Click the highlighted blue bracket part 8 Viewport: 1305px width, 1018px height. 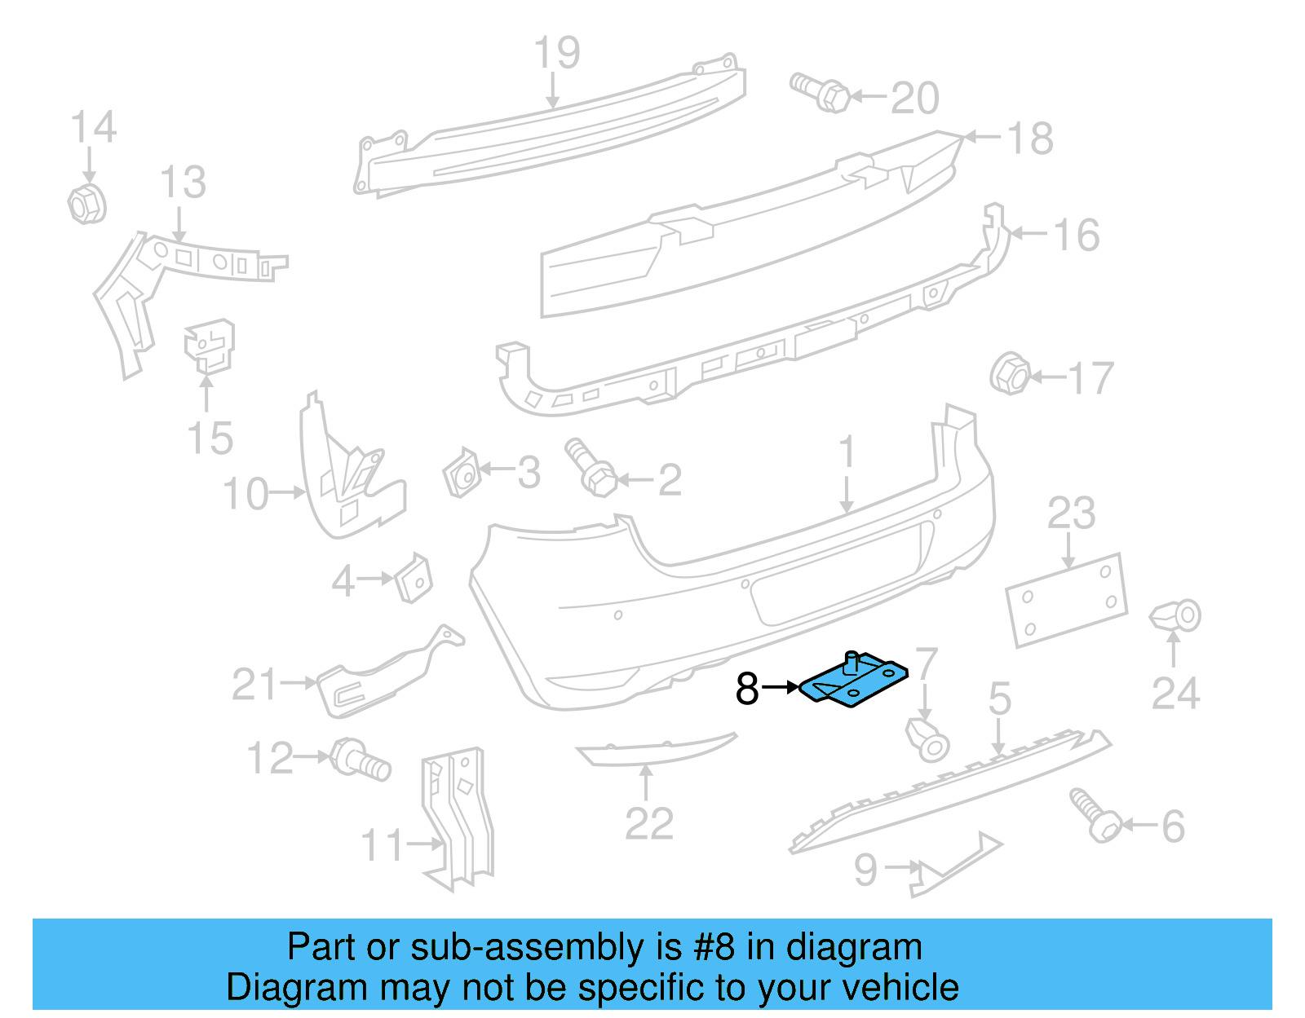click(x=853, y=681)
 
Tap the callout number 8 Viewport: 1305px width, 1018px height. click(x=747, y=689)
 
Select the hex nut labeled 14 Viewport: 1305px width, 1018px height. click(x=86, y=204)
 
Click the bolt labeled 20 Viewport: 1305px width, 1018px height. click(x=821, y=92)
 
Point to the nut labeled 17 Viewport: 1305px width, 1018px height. click(x=1009, y=375)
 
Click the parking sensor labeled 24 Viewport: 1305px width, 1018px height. click(x=1176, y=616)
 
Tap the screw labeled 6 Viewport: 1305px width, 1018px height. click(x=1095, y=814)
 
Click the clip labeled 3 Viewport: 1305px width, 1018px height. click(x=461, y=472)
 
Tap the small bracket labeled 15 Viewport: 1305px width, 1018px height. click(x=209, y=346)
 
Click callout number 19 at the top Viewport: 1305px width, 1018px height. click(x=557, y=53)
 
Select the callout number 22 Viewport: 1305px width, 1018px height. click(x=649, y=824)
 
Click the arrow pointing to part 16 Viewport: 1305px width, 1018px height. click(x=1028, y=234)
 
